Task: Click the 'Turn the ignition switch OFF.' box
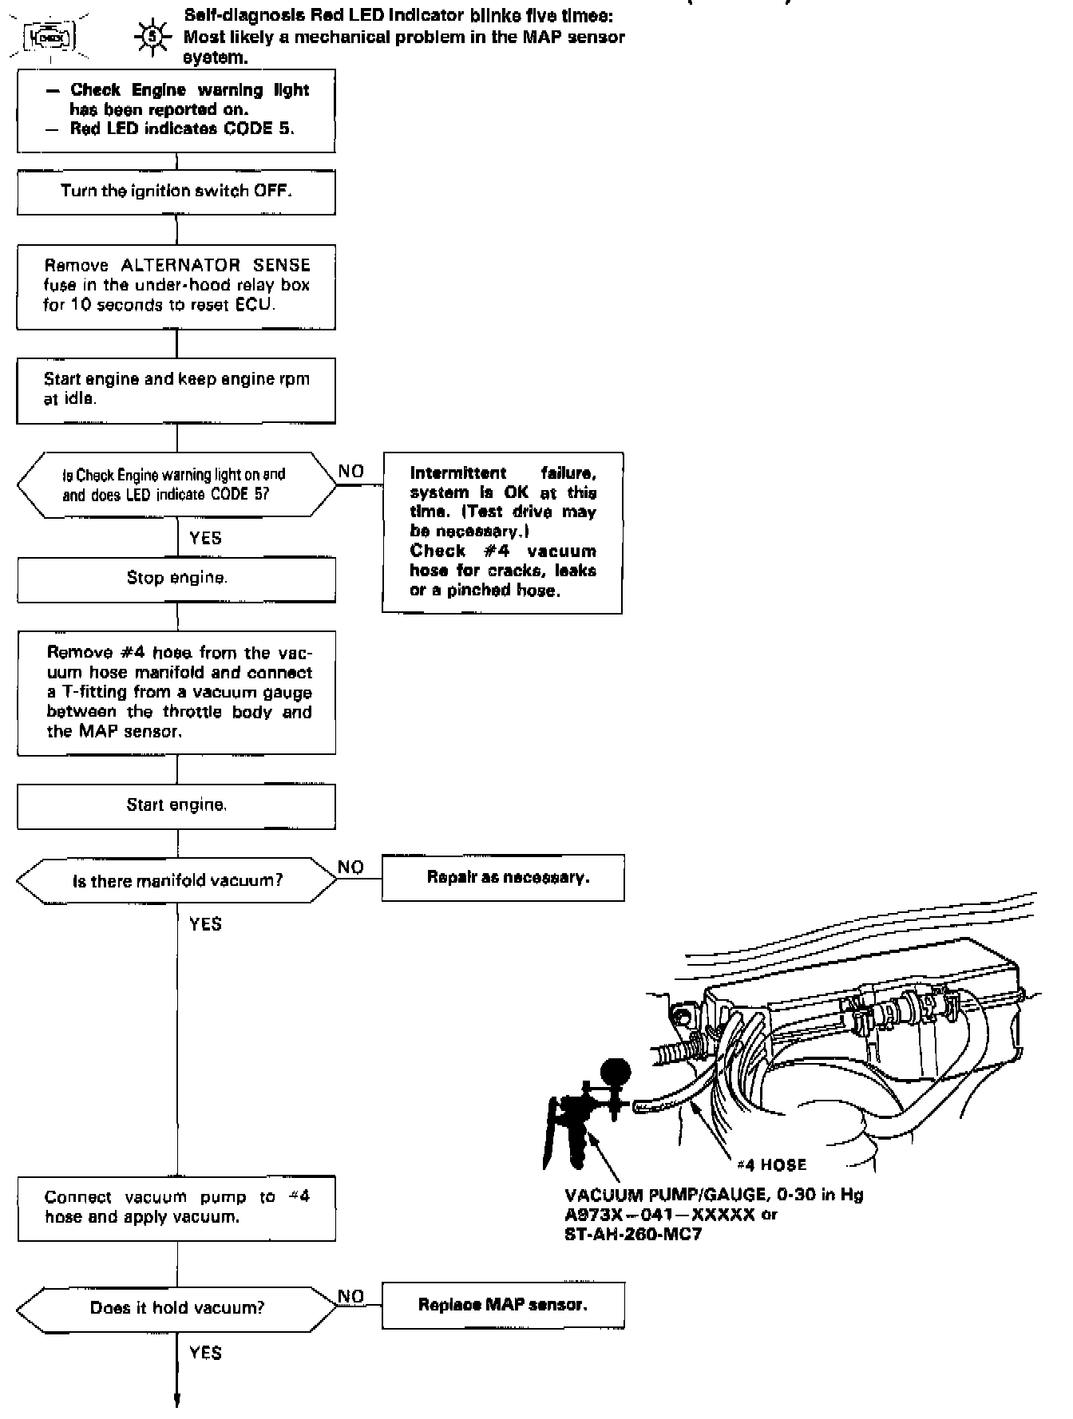click(176, 192)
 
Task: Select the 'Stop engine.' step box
click(176, 578)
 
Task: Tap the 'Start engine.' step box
click(176, 805)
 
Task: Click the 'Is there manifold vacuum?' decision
click(177, 881)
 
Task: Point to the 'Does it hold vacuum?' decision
click(177, 1307)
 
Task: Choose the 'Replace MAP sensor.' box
click(503, 1305)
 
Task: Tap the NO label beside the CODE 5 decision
click(351, 471)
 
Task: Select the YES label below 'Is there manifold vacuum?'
click(205, 923)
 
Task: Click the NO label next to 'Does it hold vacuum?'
click(351, 1296)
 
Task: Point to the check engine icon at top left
click(49, 37)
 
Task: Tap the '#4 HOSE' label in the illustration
click(771, 1164)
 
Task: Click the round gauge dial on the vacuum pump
click(615, 1070)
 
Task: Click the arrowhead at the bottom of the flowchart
click(177, 1401)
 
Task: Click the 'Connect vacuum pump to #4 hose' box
click(176, 1207)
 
